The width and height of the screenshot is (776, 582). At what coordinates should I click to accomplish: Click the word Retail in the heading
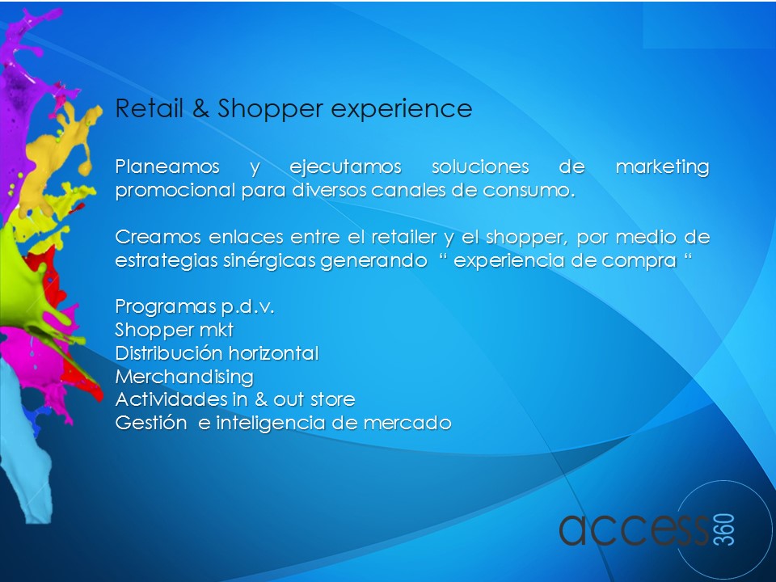[x=150, y=108]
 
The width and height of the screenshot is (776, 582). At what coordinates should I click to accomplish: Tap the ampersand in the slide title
[x=200, y=108]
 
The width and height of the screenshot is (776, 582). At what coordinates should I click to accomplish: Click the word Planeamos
[x=167, y=167]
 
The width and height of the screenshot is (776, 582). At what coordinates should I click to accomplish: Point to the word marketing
[x=663, y=167]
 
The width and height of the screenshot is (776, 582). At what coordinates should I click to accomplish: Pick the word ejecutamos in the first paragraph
[x=345, y=167]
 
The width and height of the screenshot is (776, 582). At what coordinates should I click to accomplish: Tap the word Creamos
[x=158, y=237]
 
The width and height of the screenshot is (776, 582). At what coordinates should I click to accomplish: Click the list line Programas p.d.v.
[x=195, y=307]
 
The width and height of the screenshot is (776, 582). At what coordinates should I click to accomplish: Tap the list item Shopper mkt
[x=175, y=330]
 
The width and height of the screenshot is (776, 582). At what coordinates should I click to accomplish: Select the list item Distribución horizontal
[x=217, y=353]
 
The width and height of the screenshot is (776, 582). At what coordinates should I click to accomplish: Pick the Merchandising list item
[x=184, y=377]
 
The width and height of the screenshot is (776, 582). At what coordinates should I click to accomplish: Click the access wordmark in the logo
[x=635, y=529]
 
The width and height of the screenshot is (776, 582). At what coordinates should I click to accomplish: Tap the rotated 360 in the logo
[x=724, y=529]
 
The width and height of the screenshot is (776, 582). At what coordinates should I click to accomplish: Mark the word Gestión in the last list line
[x=151, y=423]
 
